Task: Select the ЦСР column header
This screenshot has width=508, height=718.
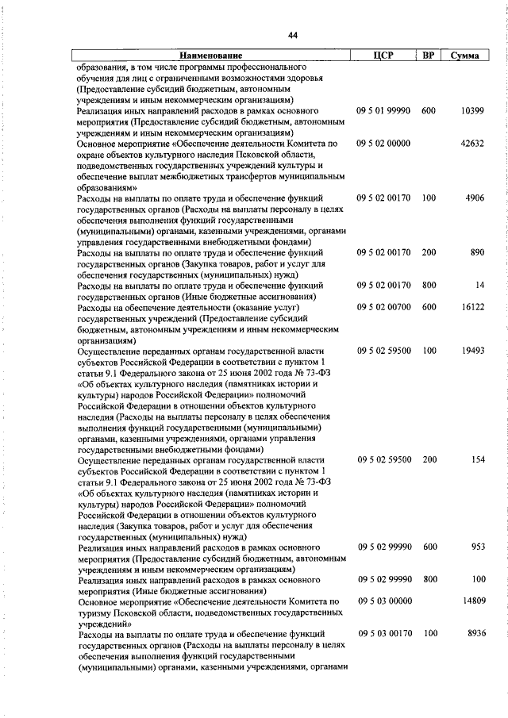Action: pyautogui.click(x=383, y=56)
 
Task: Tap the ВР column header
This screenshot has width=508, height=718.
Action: pyautogui.click(x=429, y=56)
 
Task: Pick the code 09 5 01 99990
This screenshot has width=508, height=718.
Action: pyautogui.click(x=383, y=112)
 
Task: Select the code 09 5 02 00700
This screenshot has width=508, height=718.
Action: pyautogui.click(x=383, y=305)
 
